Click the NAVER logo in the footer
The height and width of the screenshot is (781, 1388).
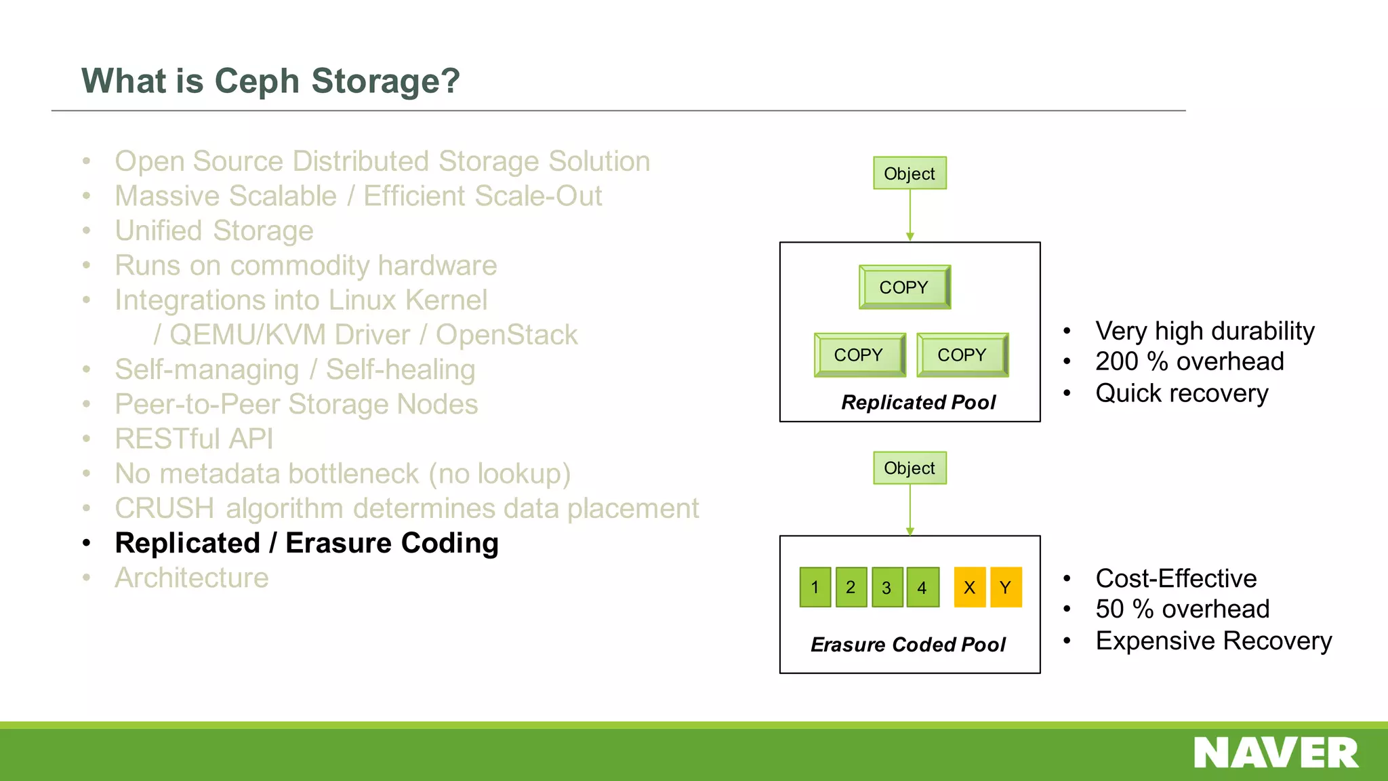tap(1275, 753)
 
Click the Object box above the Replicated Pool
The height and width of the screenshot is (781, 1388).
tap(910, 174)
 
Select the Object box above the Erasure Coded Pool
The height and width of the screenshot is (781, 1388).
tap(910, 468)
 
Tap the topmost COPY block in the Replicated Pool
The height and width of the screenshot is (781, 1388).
tap(904, 287)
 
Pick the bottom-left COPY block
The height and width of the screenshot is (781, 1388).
tap(859, 355)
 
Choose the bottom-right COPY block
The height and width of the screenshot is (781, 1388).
tap(962, 355)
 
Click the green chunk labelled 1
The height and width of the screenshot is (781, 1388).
tap(815, 587)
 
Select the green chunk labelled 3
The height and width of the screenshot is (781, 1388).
tap(886, 587)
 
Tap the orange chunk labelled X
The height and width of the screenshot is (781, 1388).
tap(970, 587)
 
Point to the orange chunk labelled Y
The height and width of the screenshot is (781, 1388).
tap(1006, 587)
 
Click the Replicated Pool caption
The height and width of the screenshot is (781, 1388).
tap(918, 403)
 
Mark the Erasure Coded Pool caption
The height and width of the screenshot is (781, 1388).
tap(908, 645)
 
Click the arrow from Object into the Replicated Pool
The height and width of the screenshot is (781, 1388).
tap(910, 215)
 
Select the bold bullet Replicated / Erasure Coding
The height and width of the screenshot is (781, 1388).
tap(306, 544)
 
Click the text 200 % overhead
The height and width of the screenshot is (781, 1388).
tap(1189, 362)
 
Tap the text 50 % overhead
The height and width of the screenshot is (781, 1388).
tap(1182, 609)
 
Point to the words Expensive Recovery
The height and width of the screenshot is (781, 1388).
tap(1213, 641)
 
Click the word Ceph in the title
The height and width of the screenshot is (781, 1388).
tap(257, 81)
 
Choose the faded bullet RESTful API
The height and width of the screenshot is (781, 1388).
tap(194, 439)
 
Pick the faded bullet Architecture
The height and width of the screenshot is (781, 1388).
tap(192, 578)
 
